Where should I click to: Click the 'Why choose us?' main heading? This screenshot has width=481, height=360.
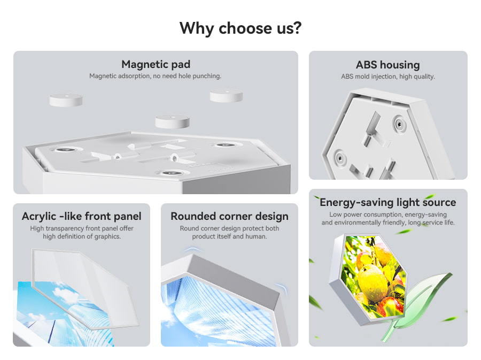click(x=241, y=28)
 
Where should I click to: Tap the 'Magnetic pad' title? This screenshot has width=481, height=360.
click(x=156, y=64)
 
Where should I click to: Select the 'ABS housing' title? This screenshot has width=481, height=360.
click(x=388, y=65)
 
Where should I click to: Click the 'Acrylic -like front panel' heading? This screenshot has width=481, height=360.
click(x=82, y=216)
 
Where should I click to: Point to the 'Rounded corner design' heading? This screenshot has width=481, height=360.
click(x=229, y=216)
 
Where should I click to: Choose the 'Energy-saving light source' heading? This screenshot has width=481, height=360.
click(x=388, y=202)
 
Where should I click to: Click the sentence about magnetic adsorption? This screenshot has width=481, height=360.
click(x=155, y=76)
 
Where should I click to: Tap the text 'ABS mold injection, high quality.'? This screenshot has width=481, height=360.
click(x=388, y=76)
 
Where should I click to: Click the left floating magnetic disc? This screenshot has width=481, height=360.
click(x=66, y=100)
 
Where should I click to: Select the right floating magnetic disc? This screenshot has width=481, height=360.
click(x=227, y=95)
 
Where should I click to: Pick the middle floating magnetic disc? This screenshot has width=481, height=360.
click(x=172, y=121)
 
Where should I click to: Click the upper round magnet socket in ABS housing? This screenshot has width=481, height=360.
click(x=399, y=124)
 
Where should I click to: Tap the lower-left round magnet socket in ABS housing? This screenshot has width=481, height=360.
click(x=340, y=158)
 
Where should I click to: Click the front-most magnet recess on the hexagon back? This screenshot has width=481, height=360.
click(x=168, y=173)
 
